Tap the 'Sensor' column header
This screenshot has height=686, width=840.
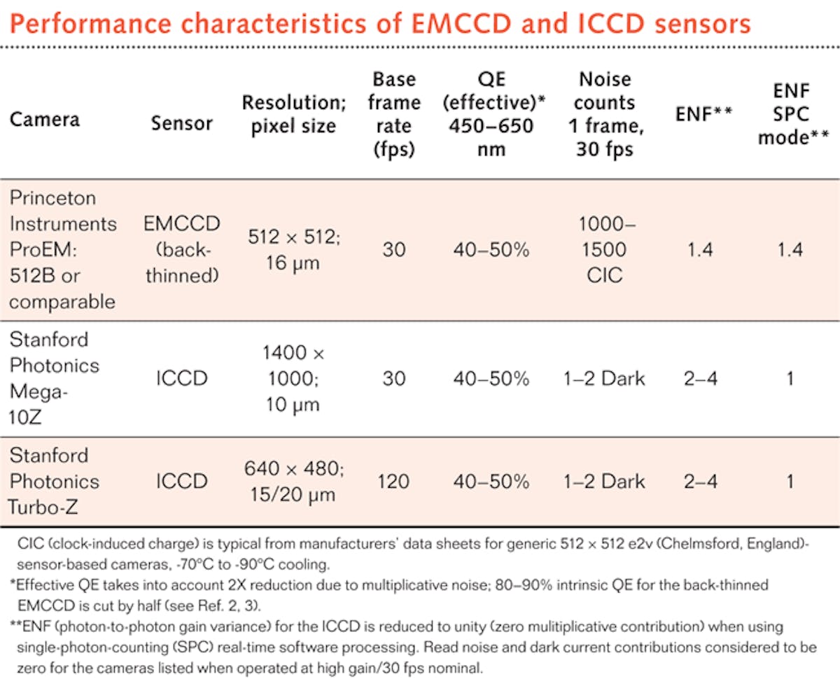(182, 123)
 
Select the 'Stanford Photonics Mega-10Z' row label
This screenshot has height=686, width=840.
(55, 379)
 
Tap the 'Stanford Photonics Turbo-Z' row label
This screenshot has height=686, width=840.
(55, 482)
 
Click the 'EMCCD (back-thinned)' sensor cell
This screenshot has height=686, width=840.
(182, 250)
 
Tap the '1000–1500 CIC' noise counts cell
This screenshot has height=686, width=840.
(604, 250)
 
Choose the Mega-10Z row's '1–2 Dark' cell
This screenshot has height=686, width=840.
(604, 379)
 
